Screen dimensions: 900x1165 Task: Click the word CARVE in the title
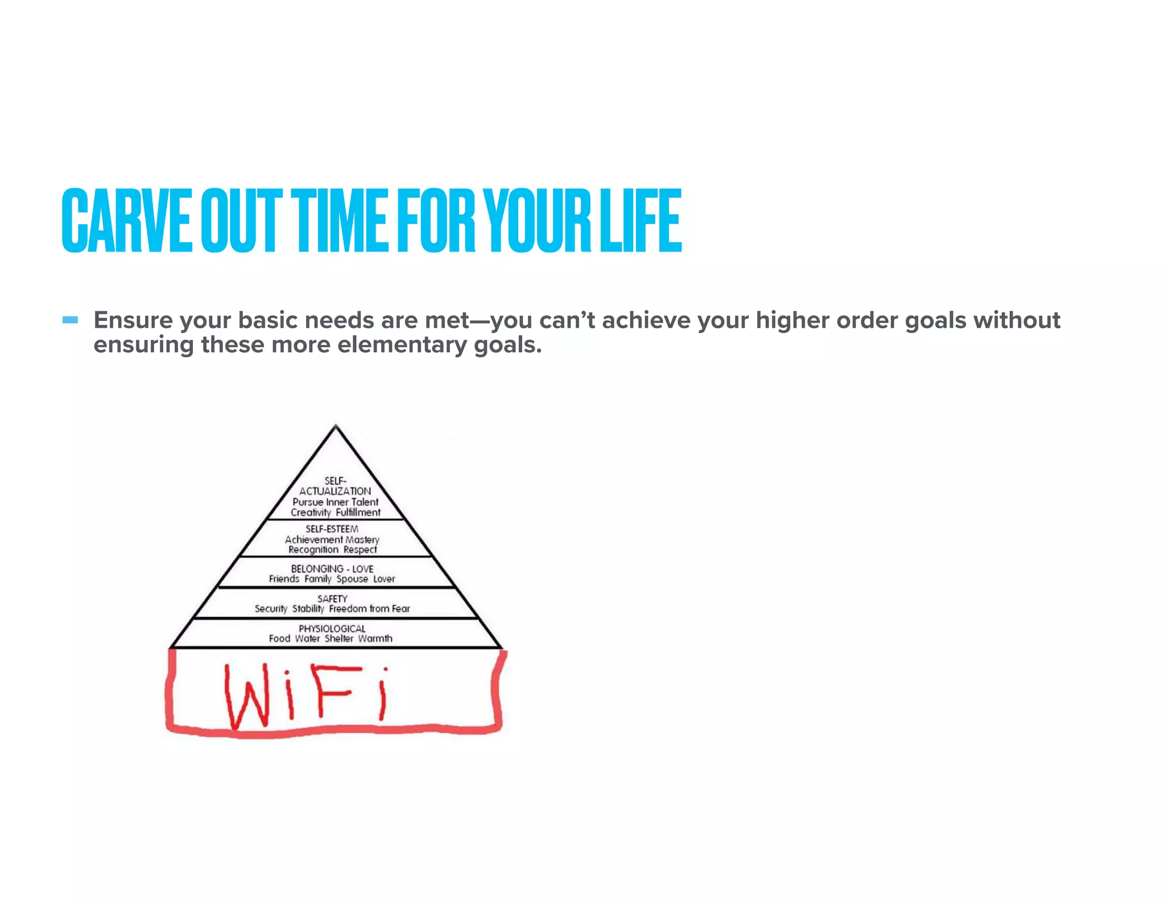126,221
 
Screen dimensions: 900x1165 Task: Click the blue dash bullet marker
70,320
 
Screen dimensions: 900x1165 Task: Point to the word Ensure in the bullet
133,320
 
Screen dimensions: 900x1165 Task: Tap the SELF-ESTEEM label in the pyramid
332,529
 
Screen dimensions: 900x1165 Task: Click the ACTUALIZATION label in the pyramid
335,491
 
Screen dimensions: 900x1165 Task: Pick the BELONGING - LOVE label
332,569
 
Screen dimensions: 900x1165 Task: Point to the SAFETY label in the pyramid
332,598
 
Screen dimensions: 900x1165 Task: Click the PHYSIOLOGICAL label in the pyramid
332,629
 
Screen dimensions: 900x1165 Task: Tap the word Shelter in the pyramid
339,639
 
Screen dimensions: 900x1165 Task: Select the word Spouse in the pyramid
352,579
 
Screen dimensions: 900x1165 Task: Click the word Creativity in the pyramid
311,513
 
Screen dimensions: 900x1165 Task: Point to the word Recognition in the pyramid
313,550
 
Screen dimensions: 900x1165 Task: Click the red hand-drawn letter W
247,697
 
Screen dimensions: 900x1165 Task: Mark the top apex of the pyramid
336,427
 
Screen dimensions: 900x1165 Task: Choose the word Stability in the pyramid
308,609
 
